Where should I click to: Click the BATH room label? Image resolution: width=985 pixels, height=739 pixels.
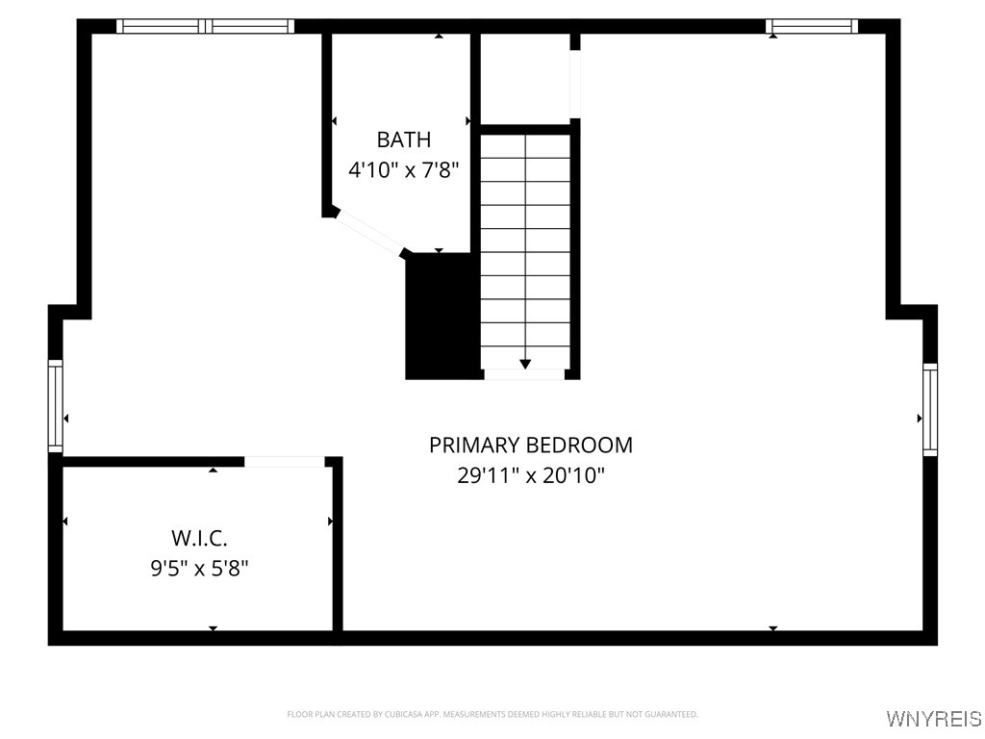point(403,140)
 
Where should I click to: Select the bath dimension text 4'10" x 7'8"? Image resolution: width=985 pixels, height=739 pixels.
point(403,170)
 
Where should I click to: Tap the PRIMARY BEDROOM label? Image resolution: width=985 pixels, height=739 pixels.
point(531,446)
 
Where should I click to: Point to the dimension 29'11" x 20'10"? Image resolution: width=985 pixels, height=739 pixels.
point(531,475)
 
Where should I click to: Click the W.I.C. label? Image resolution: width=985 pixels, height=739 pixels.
point(199,538)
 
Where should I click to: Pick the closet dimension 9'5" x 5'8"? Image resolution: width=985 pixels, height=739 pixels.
point(199,568)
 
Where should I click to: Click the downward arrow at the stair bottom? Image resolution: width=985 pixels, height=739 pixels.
point(525,364)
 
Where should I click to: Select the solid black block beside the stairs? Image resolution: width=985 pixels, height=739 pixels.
point(442,316)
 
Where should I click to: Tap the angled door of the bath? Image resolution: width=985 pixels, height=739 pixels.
point(368,233)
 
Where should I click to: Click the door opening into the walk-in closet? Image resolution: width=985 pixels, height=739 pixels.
point(285,462)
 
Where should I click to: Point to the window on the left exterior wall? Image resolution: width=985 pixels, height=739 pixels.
point(56,406)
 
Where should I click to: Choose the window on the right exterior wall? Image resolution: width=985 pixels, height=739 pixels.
point(929,409)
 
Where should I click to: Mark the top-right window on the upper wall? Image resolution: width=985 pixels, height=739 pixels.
point(811,27)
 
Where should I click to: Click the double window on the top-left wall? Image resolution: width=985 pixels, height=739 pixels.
point(205,27)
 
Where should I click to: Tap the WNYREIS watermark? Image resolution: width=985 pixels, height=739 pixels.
point(933,719)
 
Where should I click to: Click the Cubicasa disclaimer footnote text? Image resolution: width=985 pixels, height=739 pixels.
point(492,714)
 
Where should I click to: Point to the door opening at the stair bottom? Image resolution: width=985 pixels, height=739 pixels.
point(524,374)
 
